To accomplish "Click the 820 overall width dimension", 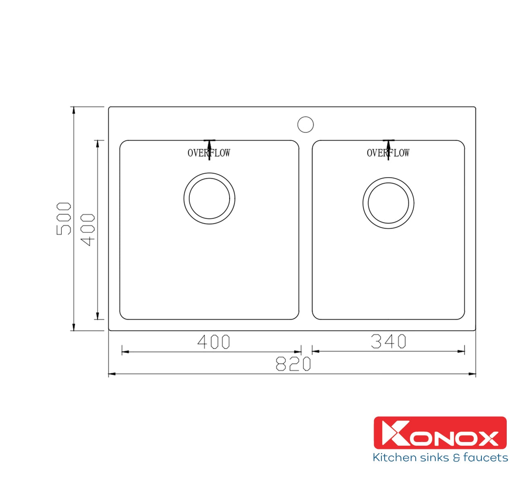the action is tap(293, 364).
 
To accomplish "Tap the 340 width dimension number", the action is tap(388, 341).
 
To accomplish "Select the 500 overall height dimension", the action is tap(64, 218).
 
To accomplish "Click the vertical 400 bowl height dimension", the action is tap(87, 230).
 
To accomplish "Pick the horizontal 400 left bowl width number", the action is tap(214, 342).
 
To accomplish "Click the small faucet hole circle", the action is tap(305, 124).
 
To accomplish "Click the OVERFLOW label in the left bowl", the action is tap(209, 153).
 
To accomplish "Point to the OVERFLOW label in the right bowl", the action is tap(388, 153).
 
